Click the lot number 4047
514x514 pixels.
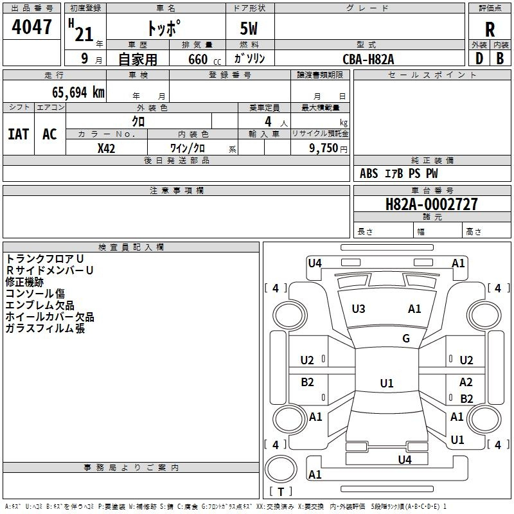(32, 28)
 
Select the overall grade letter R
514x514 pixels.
(490, 30)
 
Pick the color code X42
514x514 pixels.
(106, 148)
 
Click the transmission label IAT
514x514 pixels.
(19, 134)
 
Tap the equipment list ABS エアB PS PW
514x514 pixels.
(399, 173)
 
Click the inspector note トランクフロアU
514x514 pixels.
(45, 258)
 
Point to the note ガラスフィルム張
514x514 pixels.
(45, 328)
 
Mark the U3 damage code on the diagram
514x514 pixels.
(359, 309)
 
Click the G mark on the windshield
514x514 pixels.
(406, 339)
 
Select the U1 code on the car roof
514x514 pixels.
(386, 384)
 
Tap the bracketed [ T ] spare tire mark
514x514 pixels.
(281, 492)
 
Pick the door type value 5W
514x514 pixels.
(250, 30)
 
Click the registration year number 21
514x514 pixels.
(84, 34)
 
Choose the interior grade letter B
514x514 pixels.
(500, 58)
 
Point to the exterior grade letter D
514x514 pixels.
(479, 58)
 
